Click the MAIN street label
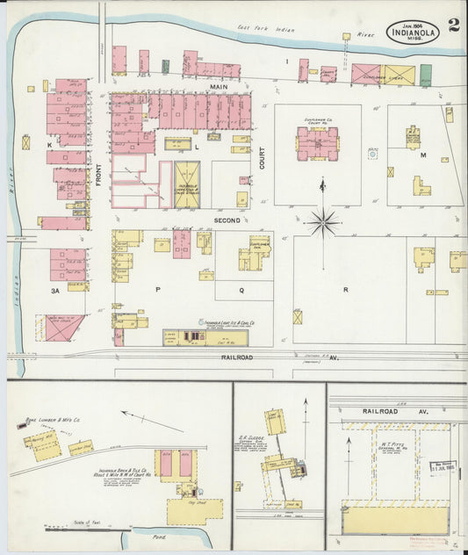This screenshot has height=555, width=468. [219, 88]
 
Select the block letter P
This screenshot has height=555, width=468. [158, 288]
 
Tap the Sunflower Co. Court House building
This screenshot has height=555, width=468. [317, 143]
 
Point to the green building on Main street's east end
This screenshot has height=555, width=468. [426, 75]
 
